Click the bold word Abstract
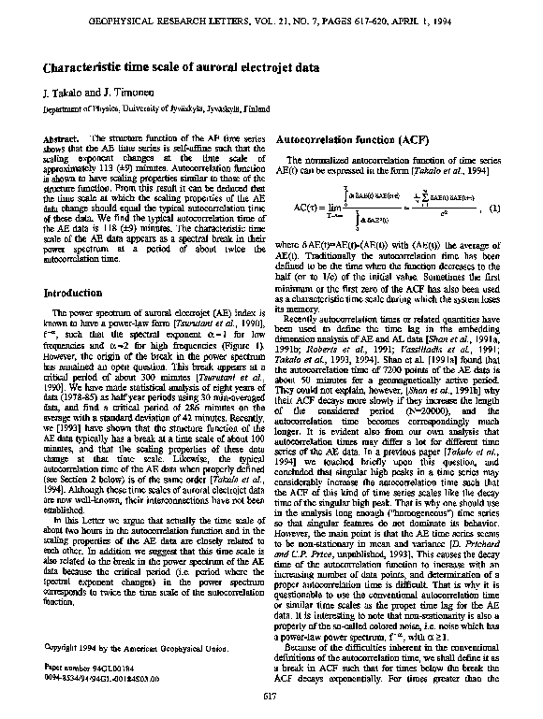click(60, 138)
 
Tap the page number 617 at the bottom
click(271, 696)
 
